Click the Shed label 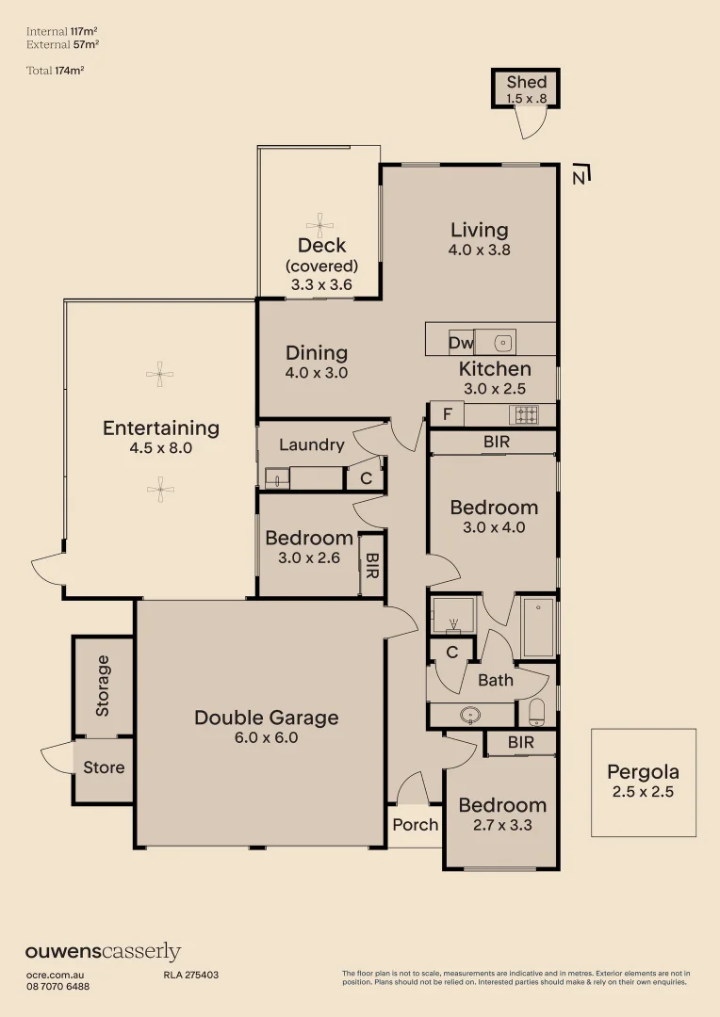527,82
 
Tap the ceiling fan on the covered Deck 319,226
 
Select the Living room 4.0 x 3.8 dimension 479,250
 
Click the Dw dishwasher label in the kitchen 461,342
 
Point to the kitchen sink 502,342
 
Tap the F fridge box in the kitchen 448,413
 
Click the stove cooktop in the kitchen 527,413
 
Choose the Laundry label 312,444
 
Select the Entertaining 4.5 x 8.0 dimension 161,447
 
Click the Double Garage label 266,718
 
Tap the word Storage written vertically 103,686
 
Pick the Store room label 104,767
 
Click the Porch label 416,824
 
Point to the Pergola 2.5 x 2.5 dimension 644,791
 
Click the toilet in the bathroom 536,712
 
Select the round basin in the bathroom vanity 469,715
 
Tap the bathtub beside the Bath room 538,628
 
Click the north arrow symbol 581,174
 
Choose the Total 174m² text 56,70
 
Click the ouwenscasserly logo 103,952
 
